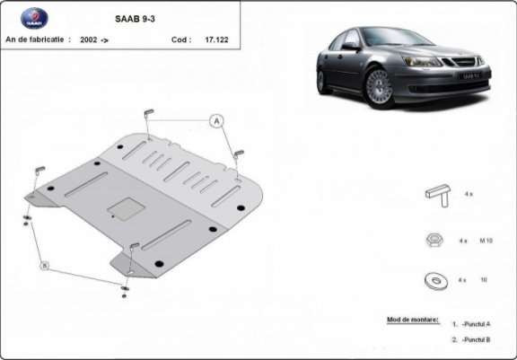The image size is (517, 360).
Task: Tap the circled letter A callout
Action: (x=216, y=120)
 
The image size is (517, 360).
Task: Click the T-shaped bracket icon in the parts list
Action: (x=435, y=196)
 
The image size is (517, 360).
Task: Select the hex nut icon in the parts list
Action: (x=434, y=241)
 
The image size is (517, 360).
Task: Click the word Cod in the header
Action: (x=180, y=40)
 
